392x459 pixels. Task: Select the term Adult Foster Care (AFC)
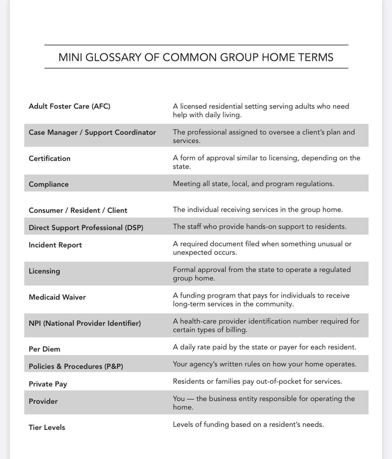click(69, 106)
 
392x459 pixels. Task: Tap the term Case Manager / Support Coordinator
click(92, 132)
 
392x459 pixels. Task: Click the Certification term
click(50, 158)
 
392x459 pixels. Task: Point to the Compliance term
click(49, 184)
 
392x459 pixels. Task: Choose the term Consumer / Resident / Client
click(78, 210)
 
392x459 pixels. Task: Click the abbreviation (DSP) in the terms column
click(134, 228)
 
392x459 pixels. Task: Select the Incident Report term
click(55, 245)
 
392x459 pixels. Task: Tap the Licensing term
click(44, 271)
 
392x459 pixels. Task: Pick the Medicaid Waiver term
click(57, 297)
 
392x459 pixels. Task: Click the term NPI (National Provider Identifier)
click(85, 323)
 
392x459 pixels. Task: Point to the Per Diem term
click(44, 349)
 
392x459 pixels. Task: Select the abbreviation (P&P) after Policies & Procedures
click(114, 366)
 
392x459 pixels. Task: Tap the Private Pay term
click(48, 384)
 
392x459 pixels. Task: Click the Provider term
click(43, 401)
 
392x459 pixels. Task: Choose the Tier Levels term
click(47, 427)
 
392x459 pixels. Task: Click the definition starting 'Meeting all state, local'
click(253, 184)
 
